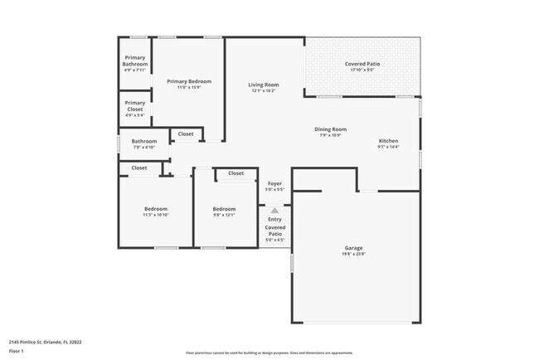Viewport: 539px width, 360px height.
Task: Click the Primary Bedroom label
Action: click(188, 80)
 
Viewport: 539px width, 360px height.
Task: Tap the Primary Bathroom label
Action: click(134, 61)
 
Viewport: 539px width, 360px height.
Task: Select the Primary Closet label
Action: click(134, 105)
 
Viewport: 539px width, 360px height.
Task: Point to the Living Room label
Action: click(265, 84)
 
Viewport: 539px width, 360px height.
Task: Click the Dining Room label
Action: click(330, 129)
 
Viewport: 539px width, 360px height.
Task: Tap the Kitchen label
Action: click(389, 140)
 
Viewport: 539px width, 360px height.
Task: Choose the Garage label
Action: click(354, 247)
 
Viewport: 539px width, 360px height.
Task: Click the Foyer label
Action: click(274, 183)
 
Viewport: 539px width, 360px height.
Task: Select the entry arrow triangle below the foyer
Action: click(274, 211)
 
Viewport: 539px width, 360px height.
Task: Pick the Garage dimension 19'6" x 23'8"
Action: click(354, 255)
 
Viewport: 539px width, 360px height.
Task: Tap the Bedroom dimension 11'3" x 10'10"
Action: click(156, 215)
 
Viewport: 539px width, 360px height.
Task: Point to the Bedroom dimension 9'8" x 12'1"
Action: click(224, 215)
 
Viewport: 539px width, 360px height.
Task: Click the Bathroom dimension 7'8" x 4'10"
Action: click(144, 148)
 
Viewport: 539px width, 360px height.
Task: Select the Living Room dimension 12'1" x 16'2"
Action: click(265, 90)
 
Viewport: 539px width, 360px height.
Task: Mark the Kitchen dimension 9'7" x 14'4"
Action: click(389, 147)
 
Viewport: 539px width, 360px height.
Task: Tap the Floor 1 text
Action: click(17, 351)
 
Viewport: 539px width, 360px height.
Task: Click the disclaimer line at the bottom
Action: click(269, 353)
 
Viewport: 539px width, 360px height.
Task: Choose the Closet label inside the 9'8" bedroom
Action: click(236, 173)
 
